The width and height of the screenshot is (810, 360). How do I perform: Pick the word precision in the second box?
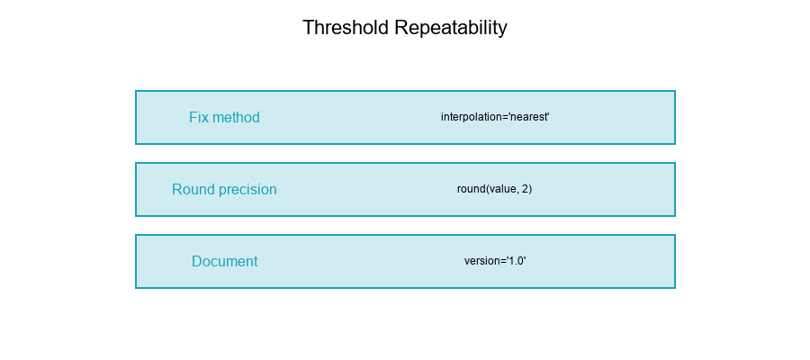coord(247,190)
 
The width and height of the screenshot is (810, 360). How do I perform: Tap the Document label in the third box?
coord(224,262)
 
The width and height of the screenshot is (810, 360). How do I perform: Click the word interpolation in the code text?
coord(472,118)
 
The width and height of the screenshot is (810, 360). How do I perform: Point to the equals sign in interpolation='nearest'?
coord(506,118)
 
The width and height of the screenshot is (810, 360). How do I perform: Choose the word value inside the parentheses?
coord(501,190)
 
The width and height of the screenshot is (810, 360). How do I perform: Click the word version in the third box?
coord(481,262)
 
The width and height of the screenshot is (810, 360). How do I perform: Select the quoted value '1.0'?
coord(516,262)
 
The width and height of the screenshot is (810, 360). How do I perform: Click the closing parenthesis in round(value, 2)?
coord(530,190)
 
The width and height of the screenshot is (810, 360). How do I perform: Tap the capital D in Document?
coord(197,262)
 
